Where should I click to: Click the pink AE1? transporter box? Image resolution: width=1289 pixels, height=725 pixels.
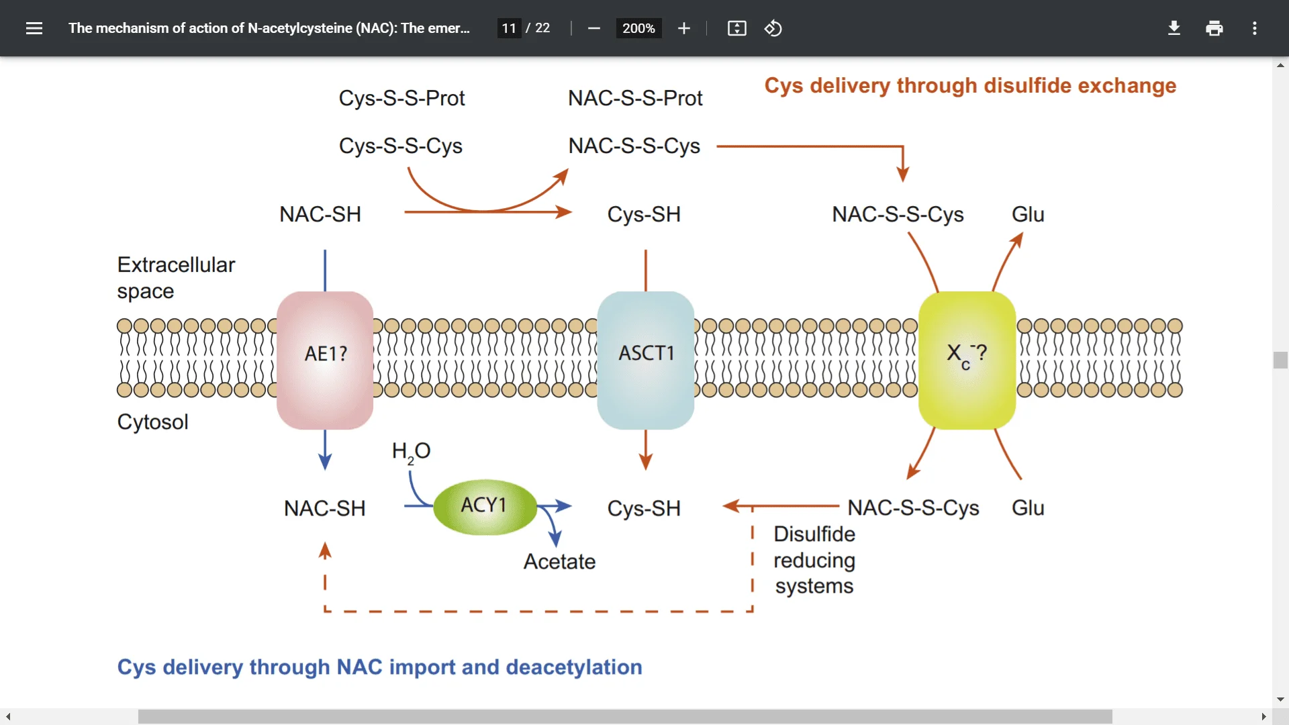pos(325,360)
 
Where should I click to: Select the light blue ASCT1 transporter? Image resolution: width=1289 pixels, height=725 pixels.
pos(645,360)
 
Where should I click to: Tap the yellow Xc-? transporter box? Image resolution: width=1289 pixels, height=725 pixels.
pos(967,360)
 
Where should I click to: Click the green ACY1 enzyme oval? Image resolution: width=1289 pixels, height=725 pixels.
pos(485,506)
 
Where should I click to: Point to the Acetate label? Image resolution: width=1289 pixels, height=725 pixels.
pos(559,561)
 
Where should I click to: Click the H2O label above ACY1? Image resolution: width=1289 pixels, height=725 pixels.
pos(411,451)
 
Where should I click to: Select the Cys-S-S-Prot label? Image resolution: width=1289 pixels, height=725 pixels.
pos(401,98)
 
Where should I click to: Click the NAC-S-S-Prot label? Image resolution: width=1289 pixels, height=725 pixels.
pos(635,98)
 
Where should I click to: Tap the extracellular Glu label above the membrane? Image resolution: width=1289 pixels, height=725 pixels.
pos(1028,214)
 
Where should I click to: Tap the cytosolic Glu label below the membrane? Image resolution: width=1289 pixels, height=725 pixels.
pos(1028,507)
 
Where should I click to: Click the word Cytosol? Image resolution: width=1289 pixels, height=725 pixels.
pos(152,422)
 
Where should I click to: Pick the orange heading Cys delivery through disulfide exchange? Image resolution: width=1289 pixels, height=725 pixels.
pos(970,85)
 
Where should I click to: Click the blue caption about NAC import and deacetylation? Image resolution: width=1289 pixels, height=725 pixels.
pos(379,667)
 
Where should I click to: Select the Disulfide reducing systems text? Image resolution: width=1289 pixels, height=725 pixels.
pos(814,560)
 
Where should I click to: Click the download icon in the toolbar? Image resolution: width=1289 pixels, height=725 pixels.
pos(1174,28)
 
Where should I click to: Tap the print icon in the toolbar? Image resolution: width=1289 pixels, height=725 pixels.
pos(1214,28)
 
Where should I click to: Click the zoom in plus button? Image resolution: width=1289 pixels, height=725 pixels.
pos(683,28)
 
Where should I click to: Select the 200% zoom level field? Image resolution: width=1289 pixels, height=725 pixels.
pos(638,28)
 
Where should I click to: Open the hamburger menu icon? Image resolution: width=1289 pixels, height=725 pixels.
pos(34,28)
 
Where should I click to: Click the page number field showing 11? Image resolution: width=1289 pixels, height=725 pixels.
pos(509,28)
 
